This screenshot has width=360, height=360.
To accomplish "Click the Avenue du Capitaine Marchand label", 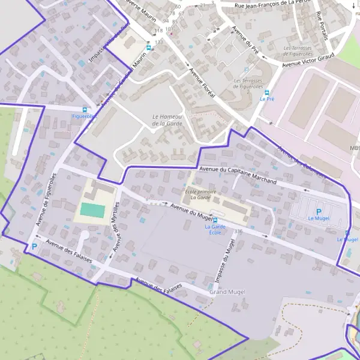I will click(238, 175).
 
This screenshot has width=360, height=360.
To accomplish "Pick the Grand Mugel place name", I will click(227, 292).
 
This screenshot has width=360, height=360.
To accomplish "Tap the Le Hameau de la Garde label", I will click(167, 120).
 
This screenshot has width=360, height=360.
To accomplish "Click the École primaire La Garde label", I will click(200, 193).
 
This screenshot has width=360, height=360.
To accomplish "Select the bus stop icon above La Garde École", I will click(215, 220).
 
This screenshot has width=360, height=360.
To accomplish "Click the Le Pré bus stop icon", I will click(267, 93).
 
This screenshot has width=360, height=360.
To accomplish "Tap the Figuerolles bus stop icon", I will click(84, 110).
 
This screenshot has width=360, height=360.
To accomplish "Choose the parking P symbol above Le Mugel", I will click(319, 212).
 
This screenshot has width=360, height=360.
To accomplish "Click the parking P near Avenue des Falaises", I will click(34, 246).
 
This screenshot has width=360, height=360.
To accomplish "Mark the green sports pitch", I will click(92, 210).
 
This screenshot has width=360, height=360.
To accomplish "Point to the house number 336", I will click(239, 231).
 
